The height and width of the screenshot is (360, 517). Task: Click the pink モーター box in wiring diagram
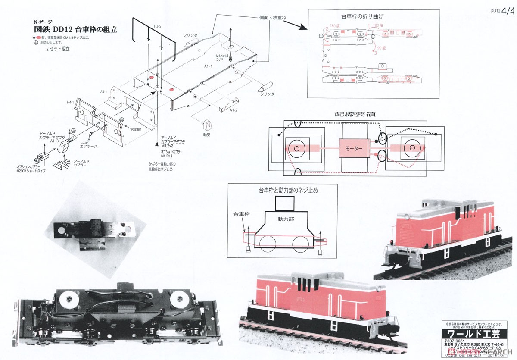tap(354, 148)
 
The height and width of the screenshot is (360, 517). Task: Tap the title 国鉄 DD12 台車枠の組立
tap(75, 30)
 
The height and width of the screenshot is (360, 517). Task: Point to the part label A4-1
tap(103, 92)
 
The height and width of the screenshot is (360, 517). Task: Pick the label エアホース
tap(89, 147)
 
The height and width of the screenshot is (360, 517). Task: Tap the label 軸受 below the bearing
tap(207, 134)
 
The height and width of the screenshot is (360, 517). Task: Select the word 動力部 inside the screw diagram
tap(286, 219)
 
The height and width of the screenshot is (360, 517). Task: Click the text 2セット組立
tap(58, 49)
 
